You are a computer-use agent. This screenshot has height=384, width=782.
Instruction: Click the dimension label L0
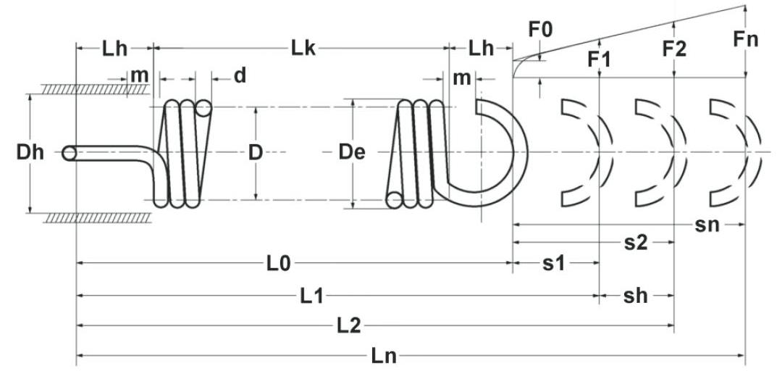(278, 263)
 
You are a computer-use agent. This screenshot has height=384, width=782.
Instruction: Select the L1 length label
(311, 296)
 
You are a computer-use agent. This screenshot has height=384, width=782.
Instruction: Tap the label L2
(348, 326)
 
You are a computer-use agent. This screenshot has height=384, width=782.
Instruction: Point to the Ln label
(384, 356)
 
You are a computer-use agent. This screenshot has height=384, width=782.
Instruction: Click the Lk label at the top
(303, 49)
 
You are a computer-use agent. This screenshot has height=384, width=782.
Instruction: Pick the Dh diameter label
(30, 152)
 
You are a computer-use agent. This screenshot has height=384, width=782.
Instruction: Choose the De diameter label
(352, 152)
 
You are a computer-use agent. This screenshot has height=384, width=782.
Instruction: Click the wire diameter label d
(240, 75)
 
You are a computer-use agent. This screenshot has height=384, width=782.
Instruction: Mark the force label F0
(541, 30)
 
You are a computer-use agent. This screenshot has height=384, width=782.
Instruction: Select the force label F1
(599, 59)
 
